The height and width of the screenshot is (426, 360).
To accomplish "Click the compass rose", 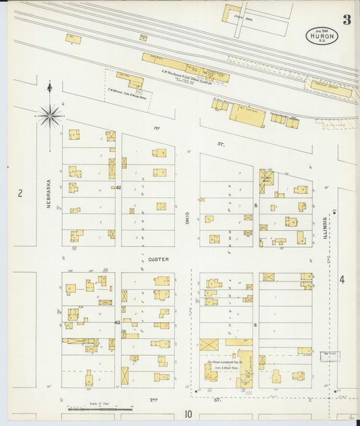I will (49, 115).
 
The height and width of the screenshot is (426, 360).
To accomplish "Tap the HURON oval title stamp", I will (322, 36).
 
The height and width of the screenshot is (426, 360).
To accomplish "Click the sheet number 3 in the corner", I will (346, 20).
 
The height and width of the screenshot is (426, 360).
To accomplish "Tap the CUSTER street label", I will (158, 259).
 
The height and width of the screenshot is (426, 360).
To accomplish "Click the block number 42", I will (118, 187).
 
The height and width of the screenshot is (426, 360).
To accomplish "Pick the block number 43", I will (118, 323).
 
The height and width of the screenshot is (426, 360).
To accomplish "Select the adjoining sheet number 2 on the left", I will (20, 194).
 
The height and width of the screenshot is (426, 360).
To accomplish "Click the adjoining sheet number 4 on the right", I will (342, 279).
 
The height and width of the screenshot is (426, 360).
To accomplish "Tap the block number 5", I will (256, 205).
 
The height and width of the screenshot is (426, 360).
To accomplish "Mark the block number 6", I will (256, 325).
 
